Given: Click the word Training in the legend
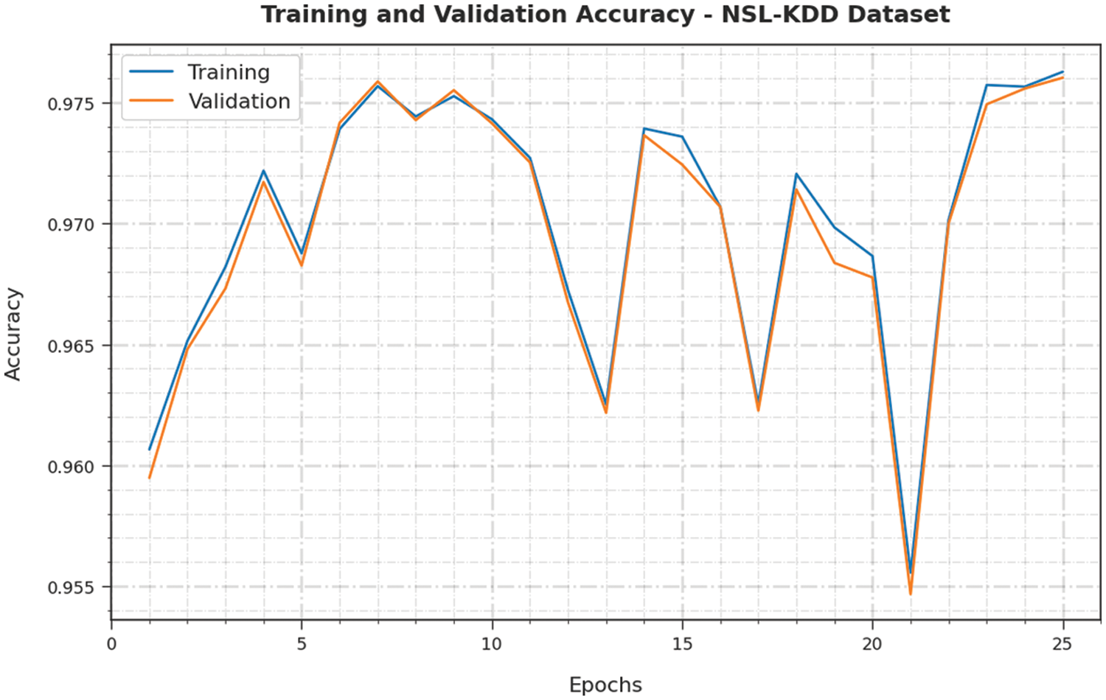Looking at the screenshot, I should (x=229, y=72).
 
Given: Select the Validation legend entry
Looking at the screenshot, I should (x=239, y=102).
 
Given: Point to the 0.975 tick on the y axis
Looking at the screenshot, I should (x=72, y=104).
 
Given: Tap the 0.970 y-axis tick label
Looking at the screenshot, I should (x=72, y=225).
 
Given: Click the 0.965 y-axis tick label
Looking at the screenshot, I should (x=72, y=346).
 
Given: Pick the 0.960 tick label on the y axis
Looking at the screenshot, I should (x=72, y=467).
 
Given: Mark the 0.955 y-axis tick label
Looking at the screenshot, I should (x=72, y=588).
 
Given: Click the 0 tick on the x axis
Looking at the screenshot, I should (x=111, y=644).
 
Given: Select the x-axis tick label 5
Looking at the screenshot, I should (x=302, y=644).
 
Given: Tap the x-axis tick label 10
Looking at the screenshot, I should (x=492, y=644).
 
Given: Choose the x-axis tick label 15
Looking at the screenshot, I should (x=682, y=644).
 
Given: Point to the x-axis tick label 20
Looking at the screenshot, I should (x=872, y=644).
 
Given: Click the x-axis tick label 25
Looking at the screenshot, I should (x=1062, y=644).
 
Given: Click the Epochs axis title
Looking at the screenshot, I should (x=605, y=685).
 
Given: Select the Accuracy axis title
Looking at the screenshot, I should (x=13, y=334).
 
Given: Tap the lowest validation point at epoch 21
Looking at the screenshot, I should (x=911, y=594).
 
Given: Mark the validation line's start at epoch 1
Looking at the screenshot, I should (x=150, y=477).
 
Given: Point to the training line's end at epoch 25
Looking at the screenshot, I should (x=1062, y=71).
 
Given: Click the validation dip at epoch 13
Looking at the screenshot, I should (x=606, y=413).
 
